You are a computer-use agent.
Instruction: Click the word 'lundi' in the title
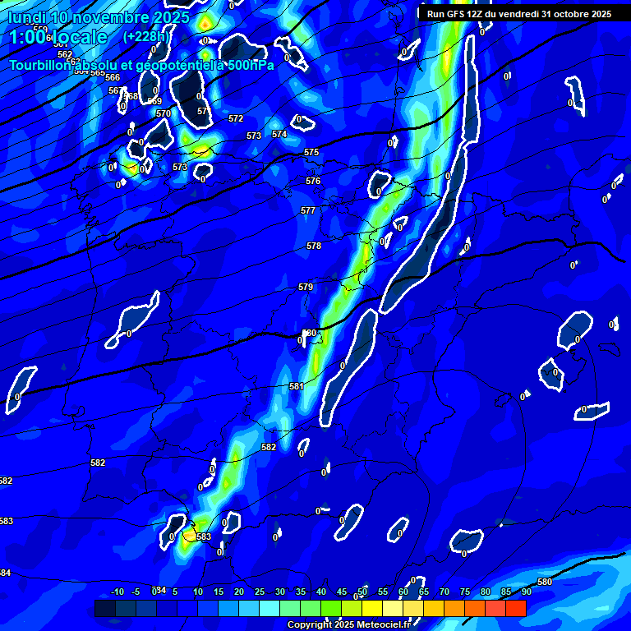27,17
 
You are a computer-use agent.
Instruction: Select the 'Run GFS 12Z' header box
518,14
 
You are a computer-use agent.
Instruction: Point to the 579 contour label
306,287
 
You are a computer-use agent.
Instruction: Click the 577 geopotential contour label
308,211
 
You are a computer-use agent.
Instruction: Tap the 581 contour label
297,386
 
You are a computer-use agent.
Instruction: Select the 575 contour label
311,153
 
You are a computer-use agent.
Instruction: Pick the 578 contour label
314,246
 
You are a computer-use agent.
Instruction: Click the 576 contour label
313,181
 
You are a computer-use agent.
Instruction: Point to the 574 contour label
279,134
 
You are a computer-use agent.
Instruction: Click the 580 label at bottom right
545,582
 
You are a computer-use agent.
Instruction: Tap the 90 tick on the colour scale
526,592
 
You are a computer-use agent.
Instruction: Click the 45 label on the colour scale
342,592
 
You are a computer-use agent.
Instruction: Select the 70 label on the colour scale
444,592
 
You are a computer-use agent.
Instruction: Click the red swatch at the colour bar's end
515,608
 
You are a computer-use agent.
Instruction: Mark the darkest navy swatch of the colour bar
105,608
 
